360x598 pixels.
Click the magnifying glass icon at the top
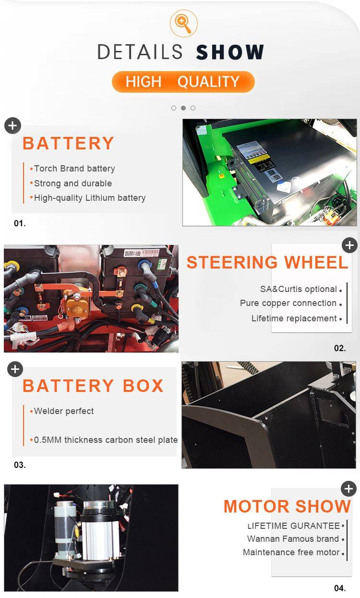[184, 24]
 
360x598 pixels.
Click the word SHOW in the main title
[230, 52]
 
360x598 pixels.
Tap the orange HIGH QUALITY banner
[183, 82]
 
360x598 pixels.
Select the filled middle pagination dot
[183, 108]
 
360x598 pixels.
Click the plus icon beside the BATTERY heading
[12, 125]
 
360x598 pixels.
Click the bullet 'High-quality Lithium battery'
[90, 198]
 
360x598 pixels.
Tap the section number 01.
[20, 223]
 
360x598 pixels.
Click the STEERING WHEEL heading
[267, 262]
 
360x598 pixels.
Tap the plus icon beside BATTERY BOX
[15, 369]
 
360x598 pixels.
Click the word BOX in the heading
[143, 386]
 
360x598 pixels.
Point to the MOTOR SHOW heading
[287, 506]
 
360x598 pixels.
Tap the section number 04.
[340, 588]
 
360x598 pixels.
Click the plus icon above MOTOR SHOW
[349, 489]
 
